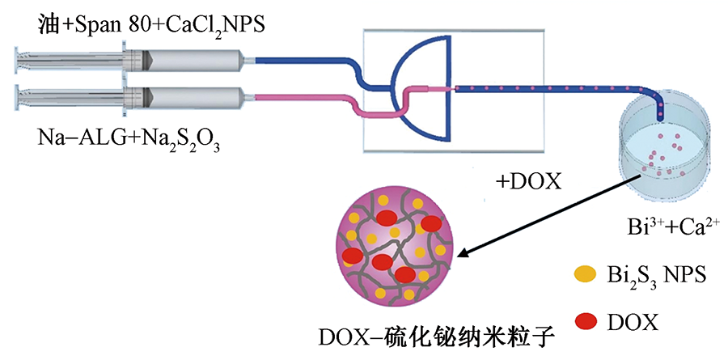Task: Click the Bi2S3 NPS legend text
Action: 655,275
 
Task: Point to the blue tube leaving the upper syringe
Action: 307,60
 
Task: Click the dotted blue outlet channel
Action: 550,87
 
